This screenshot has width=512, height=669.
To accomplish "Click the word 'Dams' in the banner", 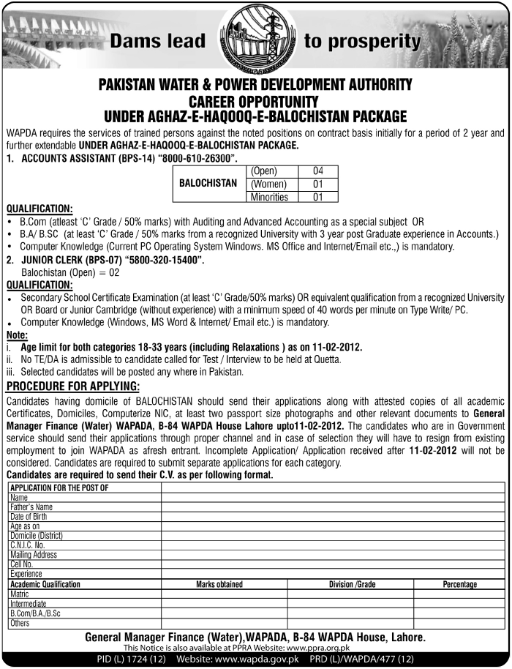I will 135,41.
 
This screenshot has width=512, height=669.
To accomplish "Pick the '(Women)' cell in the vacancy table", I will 268,184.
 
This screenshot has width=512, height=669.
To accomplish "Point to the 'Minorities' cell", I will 269,197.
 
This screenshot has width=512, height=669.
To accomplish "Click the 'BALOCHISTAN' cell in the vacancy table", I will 208,184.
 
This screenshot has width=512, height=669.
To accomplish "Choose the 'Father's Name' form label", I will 31,507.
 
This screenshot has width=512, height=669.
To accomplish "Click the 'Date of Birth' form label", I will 29,516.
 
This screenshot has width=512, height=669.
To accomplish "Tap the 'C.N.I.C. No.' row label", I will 28,545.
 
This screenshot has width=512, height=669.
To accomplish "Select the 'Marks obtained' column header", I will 219,585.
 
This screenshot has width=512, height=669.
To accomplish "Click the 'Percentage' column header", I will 459,585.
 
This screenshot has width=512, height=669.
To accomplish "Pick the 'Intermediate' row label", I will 28,604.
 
